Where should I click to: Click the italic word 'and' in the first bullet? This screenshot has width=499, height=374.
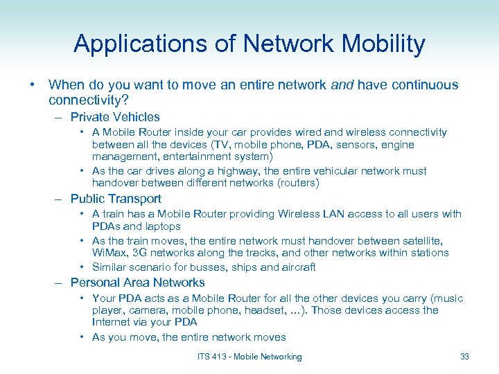tap(342, 85)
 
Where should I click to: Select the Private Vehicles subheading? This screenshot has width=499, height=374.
tap(115, 117)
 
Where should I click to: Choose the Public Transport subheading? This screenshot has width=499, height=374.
tap(116, 199)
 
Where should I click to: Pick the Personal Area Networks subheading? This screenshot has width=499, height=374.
tap(137, 283)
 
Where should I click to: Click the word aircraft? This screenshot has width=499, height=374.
tap(296, 267)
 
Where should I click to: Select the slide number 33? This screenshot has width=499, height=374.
tap(464, 357)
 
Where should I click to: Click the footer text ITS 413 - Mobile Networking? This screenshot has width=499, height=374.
tap(249, 357)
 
